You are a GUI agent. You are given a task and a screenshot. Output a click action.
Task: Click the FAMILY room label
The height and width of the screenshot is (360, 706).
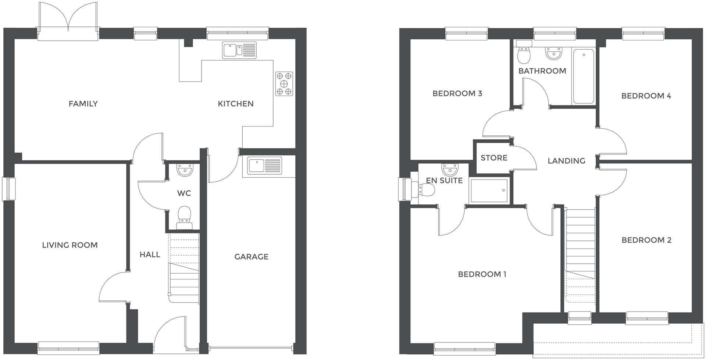pos(83,104)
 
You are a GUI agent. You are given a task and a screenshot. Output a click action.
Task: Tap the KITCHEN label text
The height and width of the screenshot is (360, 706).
pos(236,104)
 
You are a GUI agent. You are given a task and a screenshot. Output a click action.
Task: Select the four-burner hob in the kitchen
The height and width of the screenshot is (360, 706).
pos(284,84)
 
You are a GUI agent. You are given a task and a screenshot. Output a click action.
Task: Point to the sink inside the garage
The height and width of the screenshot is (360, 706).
pos(264,165)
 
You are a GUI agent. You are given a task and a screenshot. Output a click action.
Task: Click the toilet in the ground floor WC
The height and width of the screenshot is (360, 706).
pos(184,217)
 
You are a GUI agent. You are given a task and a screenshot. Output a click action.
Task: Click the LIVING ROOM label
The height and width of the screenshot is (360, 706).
pos(70,245)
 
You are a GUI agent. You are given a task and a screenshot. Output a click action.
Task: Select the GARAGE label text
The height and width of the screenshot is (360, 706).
pos(252,257)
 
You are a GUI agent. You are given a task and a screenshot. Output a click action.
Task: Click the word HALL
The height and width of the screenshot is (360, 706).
pos(150,254)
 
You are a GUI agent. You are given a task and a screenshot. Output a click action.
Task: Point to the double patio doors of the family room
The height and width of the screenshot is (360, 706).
pos(68,22)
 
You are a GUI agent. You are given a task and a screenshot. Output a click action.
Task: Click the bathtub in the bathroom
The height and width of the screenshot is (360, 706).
pos(583,76)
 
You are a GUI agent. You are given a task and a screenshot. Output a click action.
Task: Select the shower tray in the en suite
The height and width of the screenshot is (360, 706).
pos(489,190)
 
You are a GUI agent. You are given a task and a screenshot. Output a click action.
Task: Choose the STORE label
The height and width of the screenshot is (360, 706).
pos(494,158)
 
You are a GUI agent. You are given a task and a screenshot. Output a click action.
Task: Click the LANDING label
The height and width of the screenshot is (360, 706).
pos(566,161)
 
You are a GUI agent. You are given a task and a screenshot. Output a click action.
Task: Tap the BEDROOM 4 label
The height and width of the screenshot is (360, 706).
pos(646,96)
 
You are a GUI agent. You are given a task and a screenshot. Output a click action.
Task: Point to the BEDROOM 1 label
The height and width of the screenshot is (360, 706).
pos(482,274)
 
